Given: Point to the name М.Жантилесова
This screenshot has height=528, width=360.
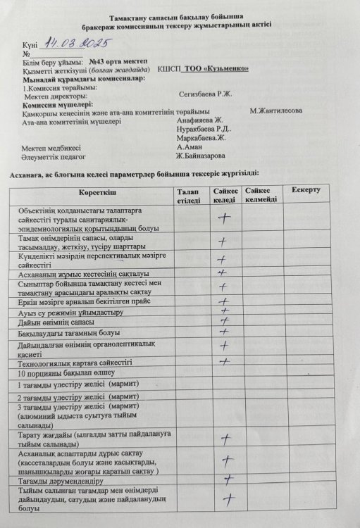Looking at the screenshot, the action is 275,111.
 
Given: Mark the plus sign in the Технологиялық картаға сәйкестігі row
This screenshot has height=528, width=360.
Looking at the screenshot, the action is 224,361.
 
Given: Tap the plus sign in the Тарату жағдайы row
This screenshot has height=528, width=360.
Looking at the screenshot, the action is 226,440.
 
